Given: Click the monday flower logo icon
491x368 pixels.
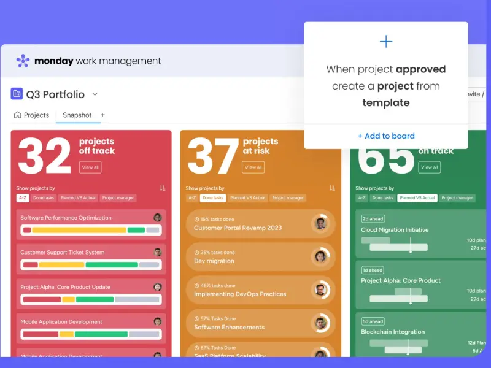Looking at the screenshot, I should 23,61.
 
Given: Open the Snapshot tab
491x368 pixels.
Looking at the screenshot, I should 77,115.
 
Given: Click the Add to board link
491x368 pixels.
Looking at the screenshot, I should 386,136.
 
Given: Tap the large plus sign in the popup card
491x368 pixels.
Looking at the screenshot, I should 386,42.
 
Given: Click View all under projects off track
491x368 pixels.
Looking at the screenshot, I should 90,167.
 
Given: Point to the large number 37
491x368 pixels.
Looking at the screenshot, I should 213,156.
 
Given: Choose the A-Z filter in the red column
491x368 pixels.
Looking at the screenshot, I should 23,198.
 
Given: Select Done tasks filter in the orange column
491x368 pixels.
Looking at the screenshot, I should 213,198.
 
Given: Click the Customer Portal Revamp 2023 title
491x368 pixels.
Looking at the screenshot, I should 238,228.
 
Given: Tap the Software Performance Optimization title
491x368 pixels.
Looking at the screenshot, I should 66,218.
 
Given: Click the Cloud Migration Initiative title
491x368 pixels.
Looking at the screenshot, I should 395,230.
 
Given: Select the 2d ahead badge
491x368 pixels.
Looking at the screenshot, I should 373,219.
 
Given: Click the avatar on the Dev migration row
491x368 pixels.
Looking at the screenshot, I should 320,256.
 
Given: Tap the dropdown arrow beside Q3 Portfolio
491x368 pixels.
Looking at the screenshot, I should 95,94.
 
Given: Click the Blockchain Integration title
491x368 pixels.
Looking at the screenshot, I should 393,332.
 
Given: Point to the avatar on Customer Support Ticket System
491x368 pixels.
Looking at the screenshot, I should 158,252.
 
